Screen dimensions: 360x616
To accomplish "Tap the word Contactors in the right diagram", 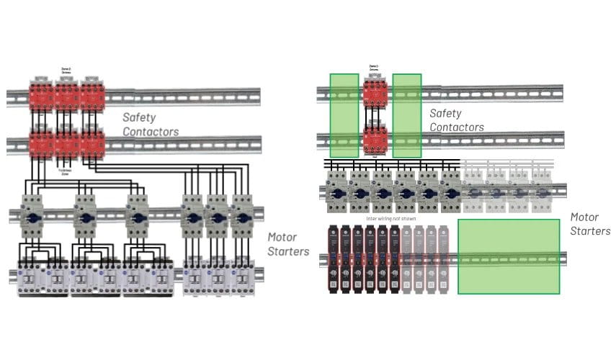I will tap(457, 127).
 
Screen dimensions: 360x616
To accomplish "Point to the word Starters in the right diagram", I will tap(590, 231).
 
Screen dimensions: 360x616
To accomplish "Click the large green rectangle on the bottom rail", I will tap(509, 256).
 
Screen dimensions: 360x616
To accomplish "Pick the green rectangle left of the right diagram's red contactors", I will tap(344, 115).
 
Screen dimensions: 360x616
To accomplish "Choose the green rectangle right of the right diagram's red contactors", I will tap(407, 115).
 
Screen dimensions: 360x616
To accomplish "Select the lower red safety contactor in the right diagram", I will tap(375, 138).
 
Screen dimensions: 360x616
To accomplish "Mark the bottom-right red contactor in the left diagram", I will tap(93, 144).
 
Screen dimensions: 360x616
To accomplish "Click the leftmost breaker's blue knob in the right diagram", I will tap(336, 192).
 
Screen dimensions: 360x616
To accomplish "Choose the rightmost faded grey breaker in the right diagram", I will tap(543, 192).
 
